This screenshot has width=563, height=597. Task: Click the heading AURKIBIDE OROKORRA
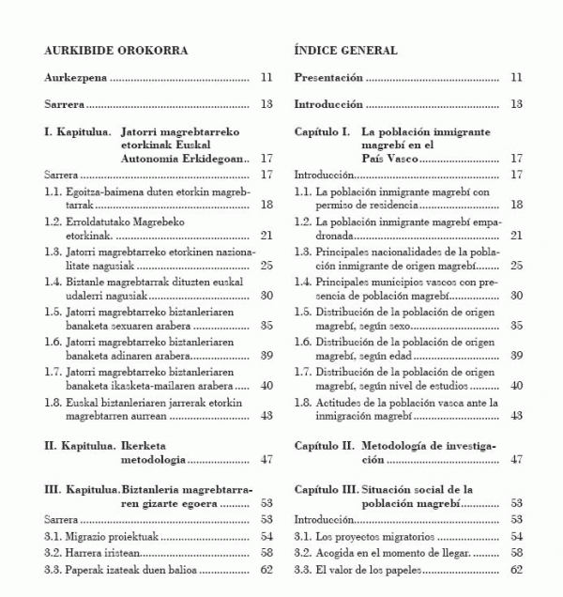pos(102,50)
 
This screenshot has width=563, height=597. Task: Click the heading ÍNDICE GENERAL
pos(345,50)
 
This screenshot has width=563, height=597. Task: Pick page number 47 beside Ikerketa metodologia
pos(266,460)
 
